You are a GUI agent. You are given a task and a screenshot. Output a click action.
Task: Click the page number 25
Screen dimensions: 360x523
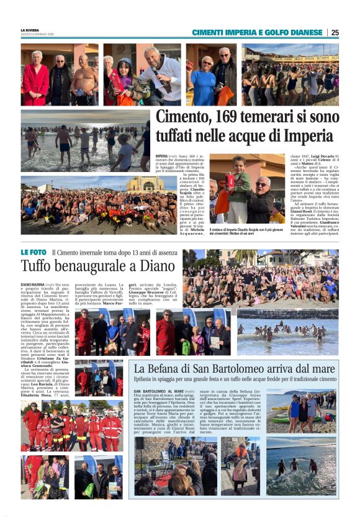tap(335, 32)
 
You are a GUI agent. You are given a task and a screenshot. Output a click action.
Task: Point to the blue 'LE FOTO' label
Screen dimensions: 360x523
tap(34, 252)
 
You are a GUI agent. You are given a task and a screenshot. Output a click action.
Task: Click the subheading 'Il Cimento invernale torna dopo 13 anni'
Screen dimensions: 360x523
tap(114, 253)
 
